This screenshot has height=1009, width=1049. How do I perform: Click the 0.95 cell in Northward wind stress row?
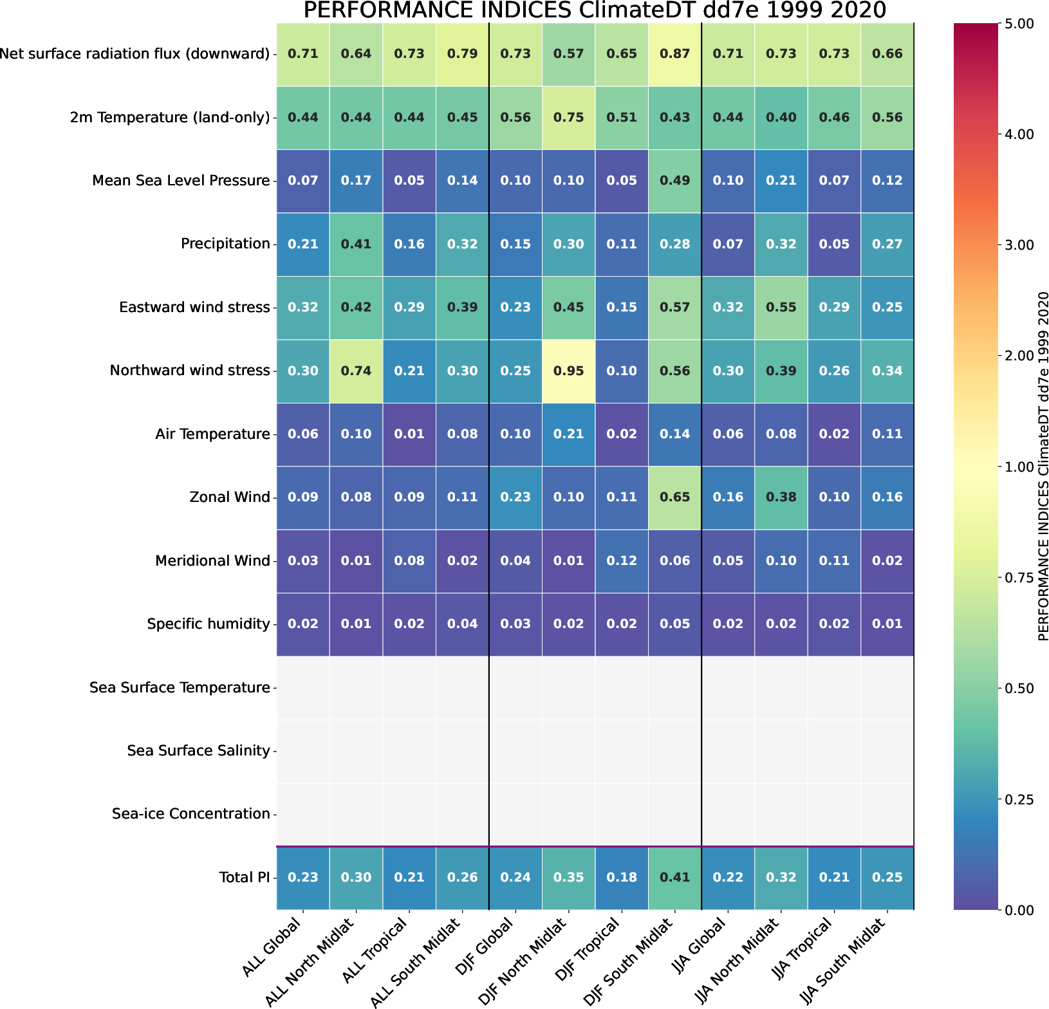[x=568, y=371]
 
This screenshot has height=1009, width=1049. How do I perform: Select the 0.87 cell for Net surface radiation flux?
[x=674, y=53]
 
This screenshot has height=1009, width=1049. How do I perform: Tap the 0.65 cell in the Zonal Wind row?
[x=674, y=497]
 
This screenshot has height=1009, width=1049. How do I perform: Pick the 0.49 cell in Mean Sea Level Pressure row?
[x=674, y=180]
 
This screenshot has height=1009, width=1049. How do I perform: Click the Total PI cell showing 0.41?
[x=674, y=877]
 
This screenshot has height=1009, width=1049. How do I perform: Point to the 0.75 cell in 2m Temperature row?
[x=568, y=117]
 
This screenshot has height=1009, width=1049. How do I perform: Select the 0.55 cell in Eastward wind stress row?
[x=781, y=307]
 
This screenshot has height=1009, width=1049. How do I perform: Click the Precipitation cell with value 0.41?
[x=356, y=244]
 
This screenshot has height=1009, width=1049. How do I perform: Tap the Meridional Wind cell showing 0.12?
[x=622, y=560]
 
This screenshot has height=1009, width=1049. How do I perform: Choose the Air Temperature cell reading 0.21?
[x=568, y=434]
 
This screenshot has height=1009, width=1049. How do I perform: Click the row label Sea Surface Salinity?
[x=198, y=750]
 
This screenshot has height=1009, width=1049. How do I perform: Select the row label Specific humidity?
[x=208, y=624]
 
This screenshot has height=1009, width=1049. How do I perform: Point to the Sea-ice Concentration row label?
[x=190, y=813]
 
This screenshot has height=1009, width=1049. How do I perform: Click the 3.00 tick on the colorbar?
[x=1019, y=245]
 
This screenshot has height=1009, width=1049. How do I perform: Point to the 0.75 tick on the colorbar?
[x=1019, y=577]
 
